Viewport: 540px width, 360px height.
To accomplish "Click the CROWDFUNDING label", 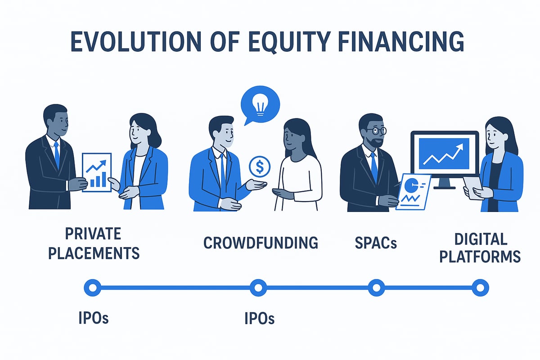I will [261, 243].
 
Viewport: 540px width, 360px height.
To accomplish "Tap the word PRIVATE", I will [94, 234].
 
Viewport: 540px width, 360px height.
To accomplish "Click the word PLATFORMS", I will [480, 256].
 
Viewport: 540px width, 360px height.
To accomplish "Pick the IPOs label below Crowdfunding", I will [259, 318].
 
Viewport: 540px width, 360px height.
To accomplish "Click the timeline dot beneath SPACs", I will [376, 287].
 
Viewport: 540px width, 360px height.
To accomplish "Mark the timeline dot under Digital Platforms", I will [480, 287].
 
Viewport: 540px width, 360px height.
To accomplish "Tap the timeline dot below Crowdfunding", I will [258, 287].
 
